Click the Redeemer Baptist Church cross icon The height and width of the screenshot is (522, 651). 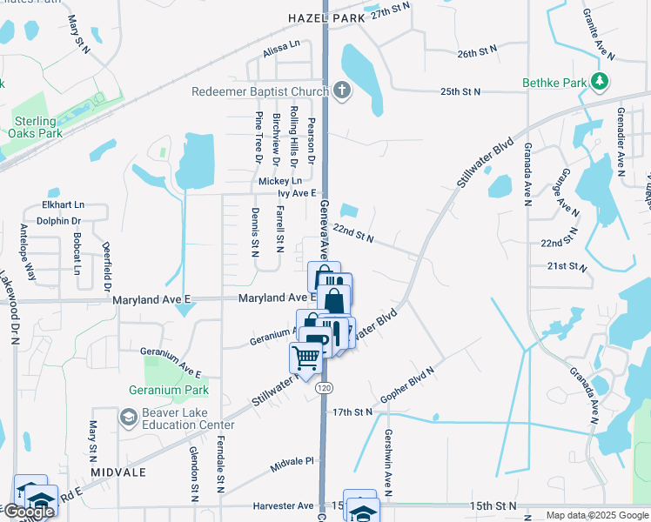click(x=342, y=90)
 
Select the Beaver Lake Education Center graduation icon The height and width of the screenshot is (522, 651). click(x=128, y=418)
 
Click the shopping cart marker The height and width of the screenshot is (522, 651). click(x=305, y=356)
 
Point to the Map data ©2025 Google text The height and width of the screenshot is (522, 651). click(x=596, y=515)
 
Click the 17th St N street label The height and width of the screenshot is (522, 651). click(x=352, y=411)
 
